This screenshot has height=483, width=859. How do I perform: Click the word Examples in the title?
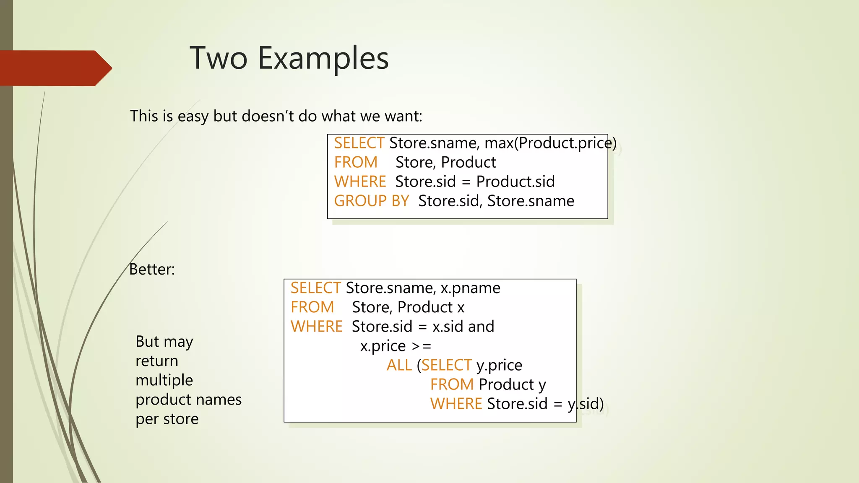(323, 58)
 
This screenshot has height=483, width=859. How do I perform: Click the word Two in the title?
(218, 58)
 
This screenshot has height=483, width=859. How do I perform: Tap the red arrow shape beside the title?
(55, 68)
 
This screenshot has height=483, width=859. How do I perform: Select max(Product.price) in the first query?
(550, 143)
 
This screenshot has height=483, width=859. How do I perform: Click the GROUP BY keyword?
(371, 201)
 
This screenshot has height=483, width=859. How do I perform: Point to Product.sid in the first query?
(515, 182)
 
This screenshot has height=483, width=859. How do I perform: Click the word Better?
(152, 270)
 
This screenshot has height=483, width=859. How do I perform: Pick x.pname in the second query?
(470, 288)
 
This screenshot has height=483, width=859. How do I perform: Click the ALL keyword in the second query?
(399, 365)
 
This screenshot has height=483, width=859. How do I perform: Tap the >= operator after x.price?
(422, 346)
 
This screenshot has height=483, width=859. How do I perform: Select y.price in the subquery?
(499, 365)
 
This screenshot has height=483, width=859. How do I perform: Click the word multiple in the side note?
(164, 380)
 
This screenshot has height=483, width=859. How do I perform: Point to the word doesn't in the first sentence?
(267, 116)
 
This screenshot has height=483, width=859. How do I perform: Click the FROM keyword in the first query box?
(356, 163)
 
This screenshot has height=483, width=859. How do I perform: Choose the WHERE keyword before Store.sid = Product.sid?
(360, 182)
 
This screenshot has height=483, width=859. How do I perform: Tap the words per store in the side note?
(167, 419)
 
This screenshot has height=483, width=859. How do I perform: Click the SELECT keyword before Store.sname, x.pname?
(315, 288)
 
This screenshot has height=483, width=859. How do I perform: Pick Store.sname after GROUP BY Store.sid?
(531, 201)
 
